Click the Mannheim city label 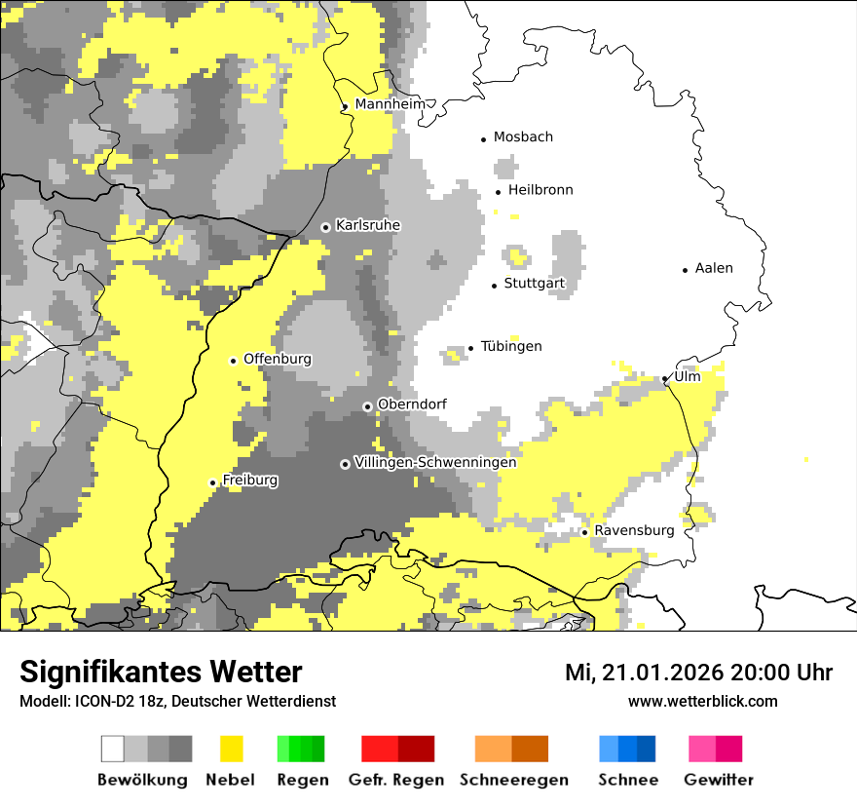tap(390, 104)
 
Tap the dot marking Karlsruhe tap(325, 227)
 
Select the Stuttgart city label tap(534, 284)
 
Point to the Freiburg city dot tap(212, 482)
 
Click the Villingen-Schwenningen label tap(435, 463)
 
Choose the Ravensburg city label tap(634, 531)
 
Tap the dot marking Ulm tap(665, 378)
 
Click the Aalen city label tap(714, 268)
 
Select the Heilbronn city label tap(540, 190)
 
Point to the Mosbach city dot tap(483, 139)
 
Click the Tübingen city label tap(511, 346)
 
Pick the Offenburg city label tap(278, 359)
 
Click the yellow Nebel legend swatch tap(231, 749)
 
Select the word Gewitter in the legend tap(719, 780)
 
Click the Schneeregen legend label tap(514, 780)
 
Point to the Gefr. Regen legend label tap(396, 780)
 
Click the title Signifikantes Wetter tap(161, 672)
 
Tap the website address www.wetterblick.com tap(702, 701)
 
